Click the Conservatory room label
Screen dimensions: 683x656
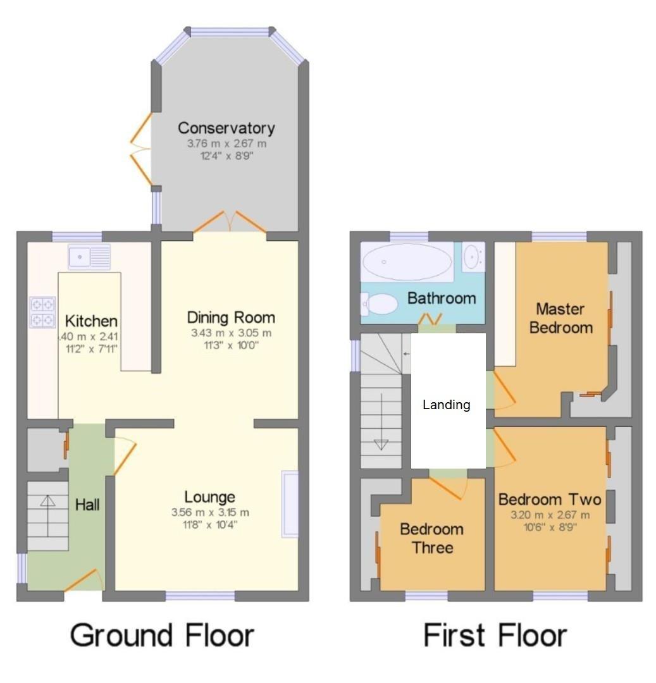click(226, 128)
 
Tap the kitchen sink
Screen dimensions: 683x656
click(89, 256)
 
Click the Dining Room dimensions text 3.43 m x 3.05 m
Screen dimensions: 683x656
click(230, 333)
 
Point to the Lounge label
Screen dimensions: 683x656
click(209, 497)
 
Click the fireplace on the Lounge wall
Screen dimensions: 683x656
click(290, 504)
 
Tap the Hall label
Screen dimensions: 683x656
click(87, 504)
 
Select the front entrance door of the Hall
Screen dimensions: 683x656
click(84, 580)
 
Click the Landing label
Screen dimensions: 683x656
click(447, 405)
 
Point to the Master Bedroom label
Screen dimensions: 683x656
click(560, 318)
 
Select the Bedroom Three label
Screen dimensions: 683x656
click(431, 538)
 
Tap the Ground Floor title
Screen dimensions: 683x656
click(163, 635)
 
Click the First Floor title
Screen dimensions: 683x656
click(495, 635)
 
